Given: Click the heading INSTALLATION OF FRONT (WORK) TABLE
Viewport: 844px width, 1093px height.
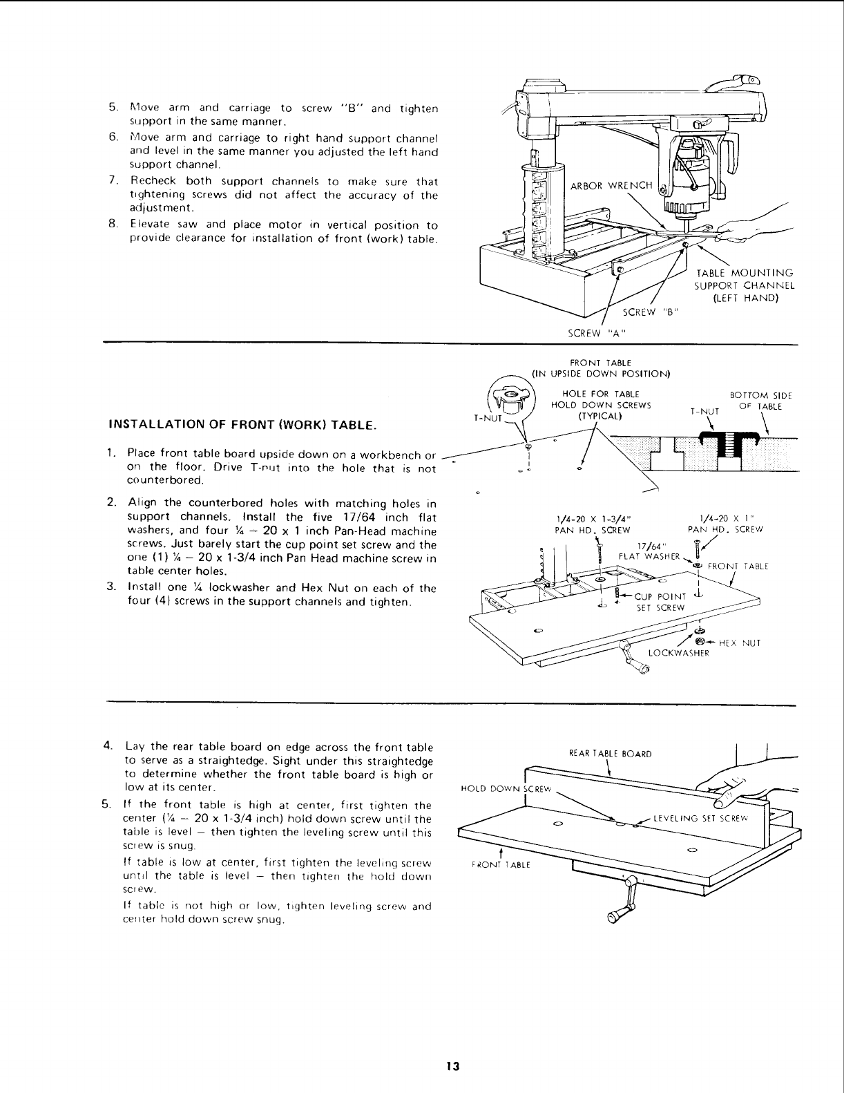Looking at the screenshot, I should click(242, 424).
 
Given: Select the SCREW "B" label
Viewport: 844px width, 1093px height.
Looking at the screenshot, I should click(651, 312).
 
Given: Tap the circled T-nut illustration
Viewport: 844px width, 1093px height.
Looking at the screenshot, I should click(512, 399).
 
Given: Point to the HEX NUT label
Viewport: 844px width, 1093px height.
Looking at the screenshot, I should click(740, 643).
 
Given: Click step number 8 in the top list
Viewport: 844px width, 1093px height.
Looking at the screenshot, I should click(111, 225).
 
